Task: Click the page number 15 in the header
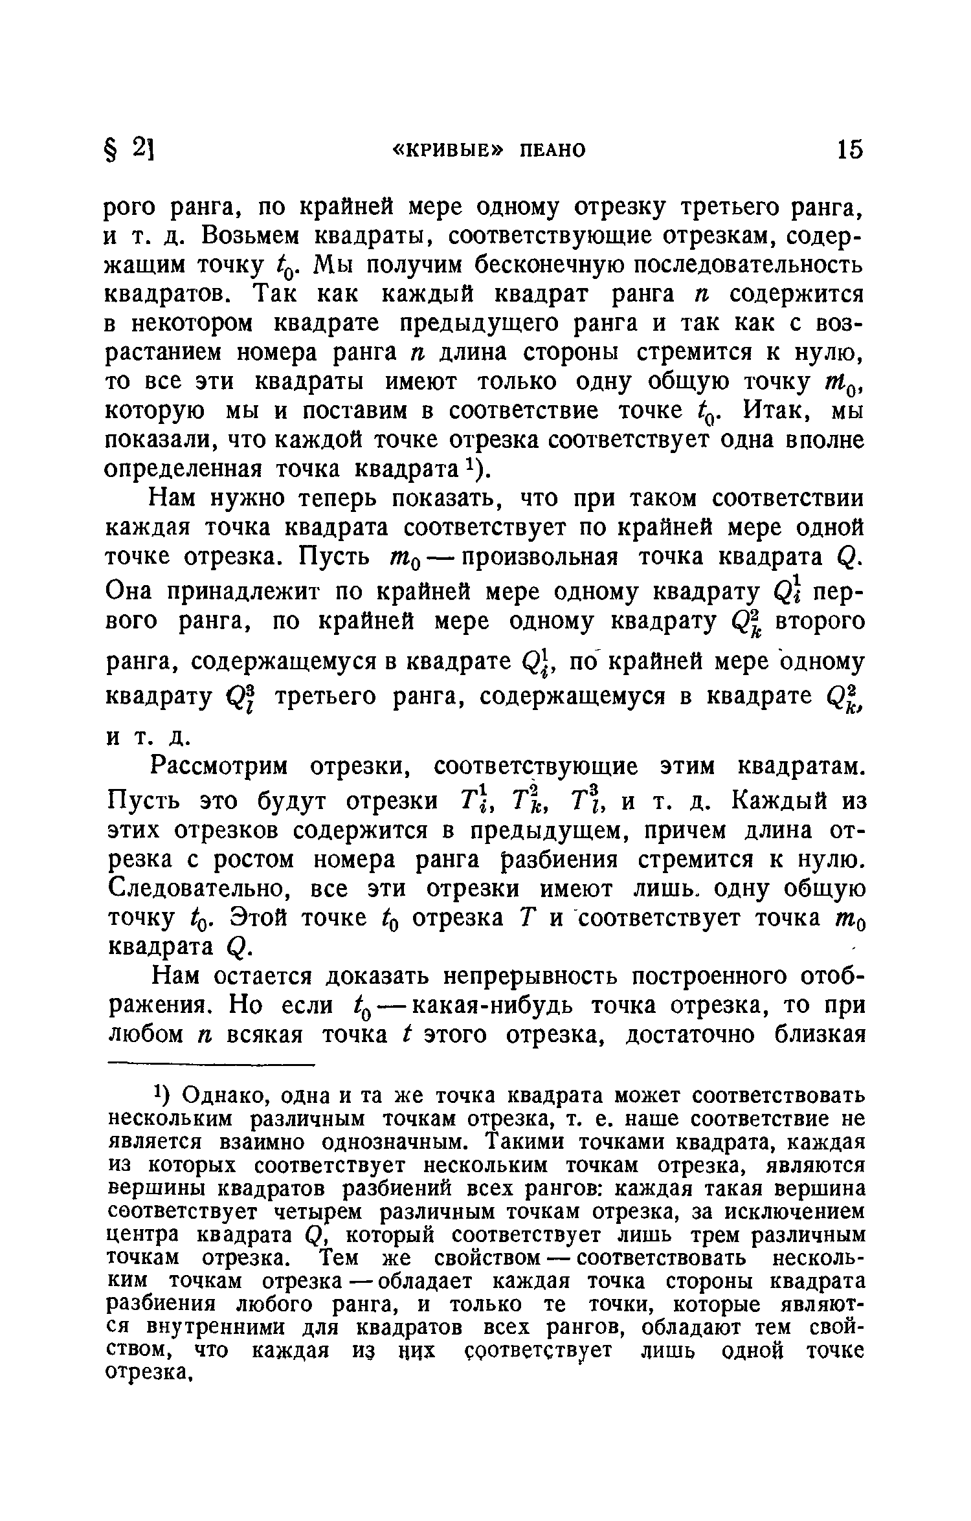click(x=849, y=150)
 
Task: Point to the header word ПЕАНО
click(x=553, y=151)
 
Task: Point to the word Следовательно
click(x=196, y=889)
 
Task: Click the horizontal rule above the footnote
click(x=210, y=1063)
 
